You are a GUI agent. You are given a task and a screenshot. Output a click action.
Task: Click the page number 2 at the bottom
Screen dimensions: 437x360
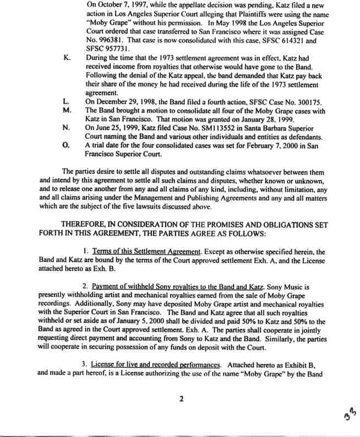coord(180,400)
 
